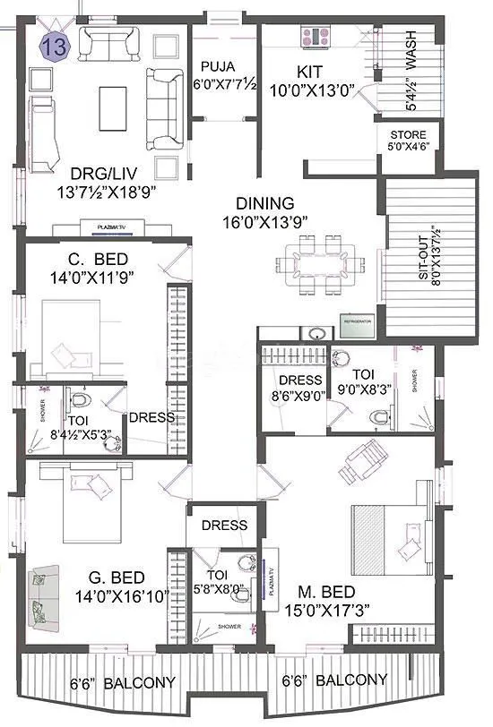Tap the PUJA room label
pyautogui.click(x=218, y=74)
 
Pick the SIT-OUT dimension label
pyautogui.click(x=427, y=255)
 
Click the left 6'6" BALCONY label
pyautogui.click(x=110, y=682)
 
